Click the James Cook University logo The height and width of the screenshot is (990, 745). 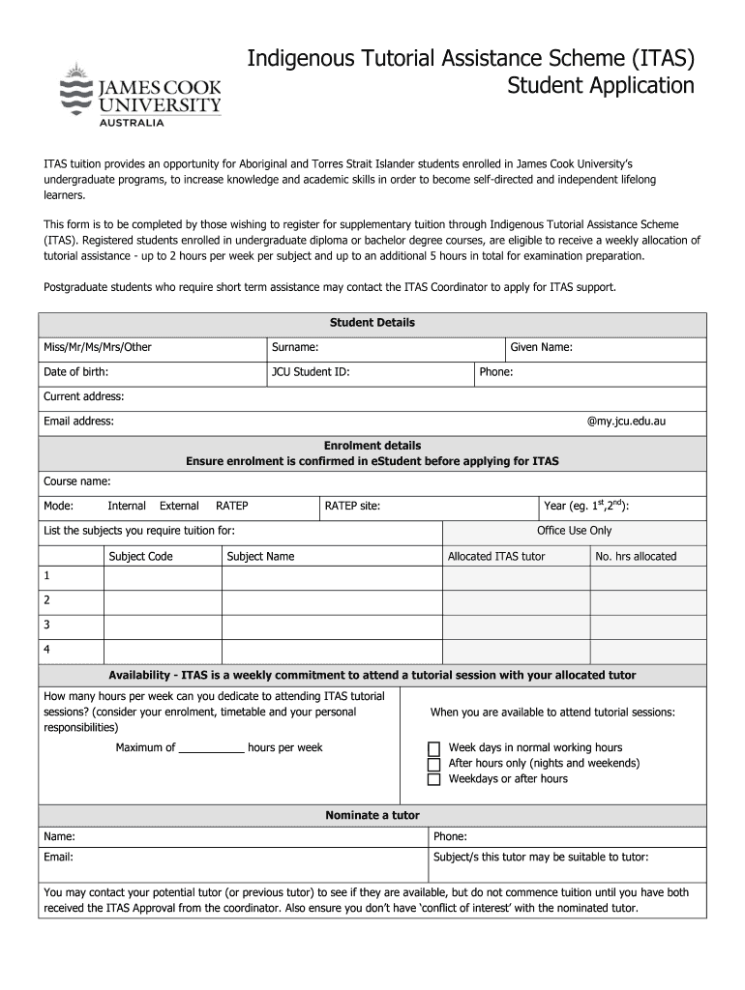tap(140, 95)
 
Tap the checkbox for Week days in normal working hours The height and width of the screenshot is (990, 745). tap(434, 749)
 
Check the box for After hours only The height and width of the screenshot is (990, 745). tap(434, 764)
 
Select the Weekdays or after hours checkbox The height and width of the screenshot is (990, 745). tap(434, 779)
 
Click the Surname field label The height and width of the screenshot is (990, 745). tap(295, 348)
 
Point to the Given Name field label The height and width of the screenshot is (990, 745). tap(542, 348)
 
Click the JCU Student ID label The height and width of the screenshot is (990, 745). tap(311, 372)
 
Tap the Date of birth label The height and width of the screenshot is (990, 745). tap(75, 372)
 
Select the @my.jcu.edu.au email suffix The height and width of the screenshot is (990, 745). tap(626, 422)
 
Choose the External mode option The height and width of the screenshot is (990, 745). tap(179, 506)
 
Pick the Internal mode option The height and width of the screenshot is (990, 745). tap(127, 506)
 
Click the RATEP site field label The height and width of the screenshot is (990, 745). tap(352, 506)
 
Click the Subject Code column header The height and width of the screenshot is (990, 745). tap(141, 557)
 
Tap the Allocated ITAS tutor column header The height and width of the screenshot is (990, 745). tap(496, 557)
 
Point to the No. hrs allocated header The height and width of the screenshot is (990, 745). tap(636, 557)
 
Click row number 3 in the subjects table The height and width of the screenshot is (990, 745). tap(46, 625)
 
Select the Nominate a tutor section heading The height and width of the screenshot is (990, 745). tap(372, 816)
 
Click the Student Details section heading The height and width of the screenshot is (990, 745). tap(372, 323)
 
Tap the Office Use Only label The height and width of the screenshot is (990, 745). tap(575, 531)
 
